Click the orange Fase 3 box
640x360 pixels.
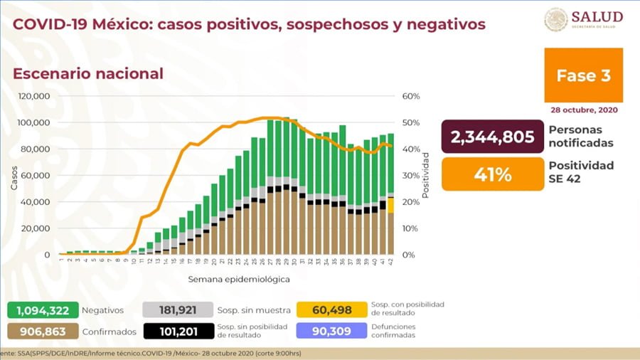(583, 76)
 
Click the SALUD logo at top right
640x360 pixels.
(583, 19)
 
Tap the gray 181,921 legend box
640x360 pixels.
(178, 310)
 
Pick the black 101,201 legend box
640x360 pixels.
(178, 331)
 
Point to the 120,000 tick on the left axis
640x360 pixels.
(34, 96)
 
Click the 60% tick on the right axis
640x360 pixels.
(411, 96)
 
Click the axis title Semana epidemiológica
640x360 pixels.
(239, 280)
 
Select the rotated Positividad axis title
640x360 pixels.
(426, 175)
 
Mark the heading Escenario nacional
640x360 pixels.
(88, 74)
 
